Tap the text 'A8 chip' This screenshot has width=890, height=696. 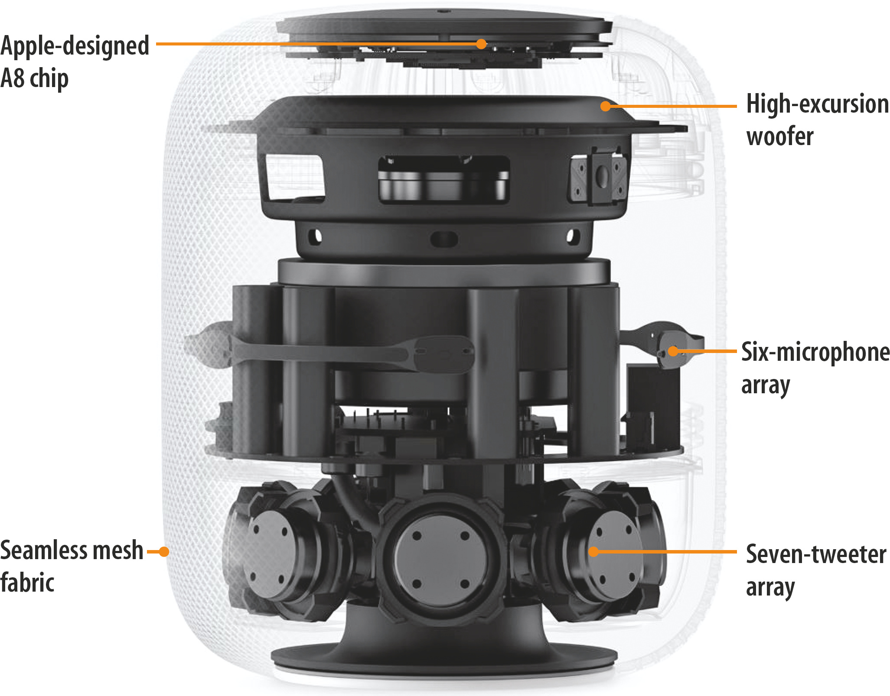click(x=35, y=78)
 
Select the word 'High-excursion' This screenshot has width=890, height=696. click(x=818, y=105)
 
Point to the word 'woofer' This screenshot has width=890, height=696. click(x=780, y=136)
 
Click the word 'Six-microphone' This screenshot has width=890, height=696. click(x=815, y=351)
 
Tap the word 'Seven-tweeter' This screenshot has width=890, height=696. click(x=816, y=554)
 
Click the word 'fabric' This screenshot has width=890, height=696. click(x=27, y=583)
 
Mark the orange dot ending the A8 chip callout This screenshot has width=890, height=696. click(x=481, y=44)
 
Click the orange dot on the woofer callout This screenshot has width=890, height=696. click(x=606, y=106)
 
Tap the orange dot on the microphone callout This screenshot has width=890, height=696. click(x=673, y=351)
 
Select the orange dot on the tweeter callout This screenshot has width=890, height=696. click(x=593, y=551)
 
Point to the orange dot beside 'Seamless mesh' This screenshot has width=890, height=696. click(x=163, y=551)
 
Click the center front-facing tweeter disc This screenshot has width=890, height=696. click(x=441, y=560)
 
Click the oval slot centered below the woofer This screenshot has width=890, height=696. click(x=444, y=238)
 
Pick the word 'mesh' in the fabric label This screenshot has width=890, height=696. click(x=118, y=550)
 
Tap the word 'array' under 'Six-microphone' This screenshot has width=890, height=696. click(x=766, y=385)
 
